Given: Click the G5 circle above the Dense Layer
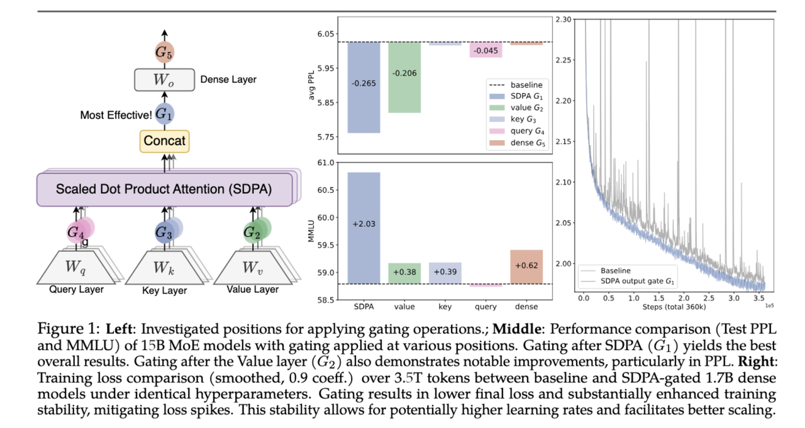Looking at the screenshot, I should tap(164, 53).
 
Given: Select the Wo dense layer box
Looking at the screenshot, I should tap(164, 80).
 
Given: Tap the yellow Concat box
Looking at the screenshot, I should tap(165, 140).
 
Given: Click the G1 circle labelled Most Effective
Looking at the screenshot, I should tap(164, 114).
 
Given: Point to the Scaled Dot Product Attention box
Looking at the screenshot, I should tap(164, 189).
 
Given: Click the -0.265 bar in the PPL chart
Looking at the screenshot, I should tap(364, 87).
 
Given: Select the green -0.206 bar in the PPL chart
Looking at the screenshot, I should tap(404, 77).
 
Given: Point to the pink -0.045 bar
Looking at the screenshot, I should tap(486, 50).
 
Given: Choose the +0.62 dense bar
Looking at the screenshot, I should tap(526, 266).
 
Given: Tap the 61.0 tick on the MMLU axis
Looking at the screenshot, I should tap(326, 163).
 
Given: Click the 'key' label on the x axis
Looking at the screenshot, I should tap(445, 307).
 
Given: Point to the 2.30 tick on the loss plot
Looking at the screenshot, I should tap(563, 20).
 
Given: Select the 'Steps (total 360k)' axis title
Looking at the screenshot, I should tap(674, 307).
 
